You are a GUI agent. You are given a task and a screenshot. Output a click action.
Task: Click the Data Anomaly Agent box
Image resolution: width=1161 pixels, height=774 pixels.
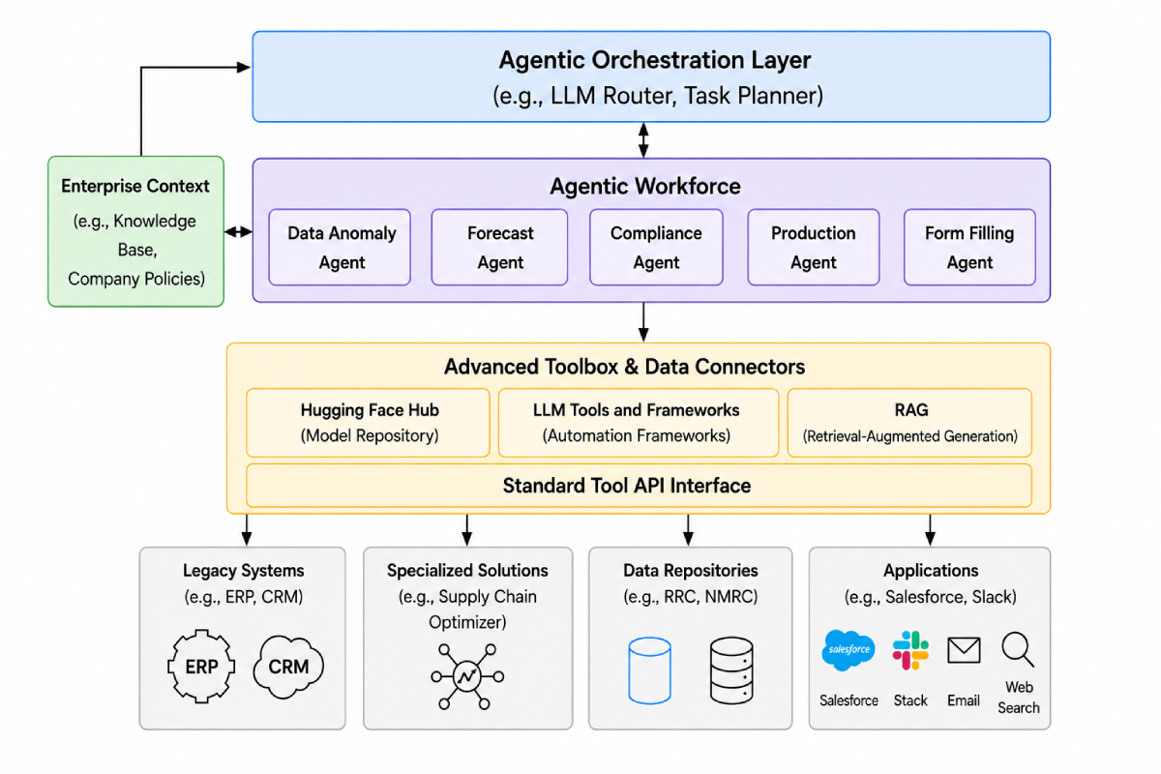[x=340, y=248]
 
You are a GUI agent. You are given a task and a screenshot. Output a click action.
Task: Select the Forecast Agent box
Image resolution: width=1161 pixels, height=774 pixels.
[x=499, y=248]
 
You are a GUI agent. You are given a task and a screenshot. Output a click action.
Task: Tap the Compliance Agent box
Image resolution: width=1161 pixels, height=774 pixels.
[x=656, y=248]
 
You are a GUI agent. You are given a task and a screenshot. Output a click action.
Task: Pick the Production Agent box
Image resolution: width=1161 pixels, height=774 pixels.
[x=814, y=248]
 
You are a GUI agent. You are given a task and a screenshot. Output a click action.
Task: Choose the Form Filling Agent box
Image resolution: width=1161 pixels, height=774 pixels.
[x=969, y=248]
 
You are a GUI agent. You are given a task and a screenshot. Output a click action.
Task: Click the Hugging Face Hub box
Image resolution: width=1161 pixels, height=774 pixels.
[x=368, y=423]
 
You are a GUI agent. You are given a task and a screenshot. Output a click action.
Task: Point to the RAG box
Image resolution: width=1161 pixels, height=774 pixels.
[x=909, y=423]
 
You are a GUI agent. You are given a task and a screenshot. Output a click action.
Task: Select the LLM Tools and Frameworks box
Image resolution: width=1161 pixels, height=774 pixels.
[x=639, y=423]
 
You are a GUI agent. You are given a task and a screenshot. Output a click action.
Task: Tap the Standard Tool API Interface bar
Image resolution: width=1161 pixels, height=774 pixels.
[x=640, y=486]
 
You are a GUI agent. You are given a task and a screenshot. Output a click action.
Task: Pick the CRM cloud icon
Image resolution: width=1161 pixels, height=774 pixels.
[x=288, y=668]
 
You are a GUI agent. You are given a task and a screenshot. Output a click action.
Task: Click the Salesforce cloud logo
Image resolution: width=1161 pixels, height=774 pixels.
[x=848, y=650]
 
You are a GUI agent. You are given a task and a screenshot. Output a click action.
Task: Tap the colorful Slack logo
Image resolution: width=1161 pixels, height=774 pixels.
[x=910, y=650]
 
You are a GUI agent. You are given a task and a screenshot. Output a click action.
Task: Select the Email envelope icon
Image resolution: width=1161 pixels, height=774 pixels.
[x=964, y=650]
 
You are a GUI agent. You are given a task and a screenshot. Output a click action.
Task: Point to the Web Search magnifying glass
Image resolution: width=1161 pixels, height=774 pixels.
[x=1018, y=649]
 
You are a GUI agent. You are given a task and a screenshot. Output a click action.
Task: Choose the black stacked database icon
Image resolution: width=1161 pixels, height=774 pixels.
[x=731, y=670]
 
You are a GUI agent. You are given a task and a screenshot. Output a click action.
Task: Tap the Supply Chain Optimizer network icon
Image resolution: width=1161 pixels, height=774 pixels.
[x=467, y=676]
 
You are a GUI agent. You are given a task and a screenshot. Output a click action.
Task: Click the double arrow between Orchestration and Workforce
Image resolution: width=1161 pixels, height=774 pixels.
[x=643, y=140]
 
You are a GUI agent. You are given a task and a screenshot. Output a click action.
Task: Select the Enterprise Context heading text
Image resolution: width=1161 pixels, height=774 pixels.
[x=135, y=186]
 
